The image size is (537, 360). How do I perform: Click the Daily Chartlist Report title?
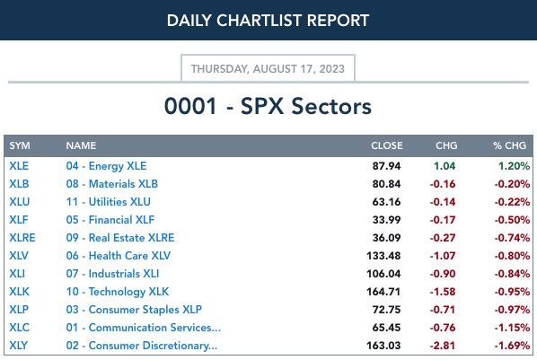268,21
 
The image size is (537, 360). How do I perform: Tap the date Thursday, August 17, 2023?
268,69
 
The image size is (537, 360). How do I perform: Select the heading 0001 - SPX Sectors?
268,106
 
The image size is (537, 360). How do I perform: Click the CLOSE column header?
387,145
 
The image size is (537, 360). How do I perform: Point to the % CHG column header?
509,145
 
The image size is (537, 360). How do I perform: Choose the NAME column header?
81,145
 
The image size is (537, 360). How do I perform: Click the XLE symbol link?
19,166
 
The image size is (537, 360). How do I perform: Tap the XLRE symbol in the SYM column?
22,238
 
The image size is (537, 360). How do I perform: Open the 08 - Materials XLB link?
112,184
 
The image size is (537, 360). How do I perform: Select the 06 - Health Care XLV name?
119,256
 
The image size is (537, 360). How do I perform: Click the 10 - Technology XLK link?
118,292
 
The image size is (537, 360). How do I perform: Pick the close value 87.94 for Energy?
386,166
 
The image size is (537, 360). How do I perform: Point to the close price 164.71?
383,292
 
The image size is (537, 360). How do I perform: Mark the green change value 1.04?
445,166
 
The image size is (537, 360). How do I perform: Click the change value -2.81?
443,346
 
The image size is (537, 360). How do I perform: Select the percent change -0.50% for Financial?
512,220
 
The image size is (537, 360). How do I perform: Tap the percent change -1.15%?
512,328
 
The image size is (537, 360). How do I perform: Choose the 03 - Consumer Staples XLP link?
134,310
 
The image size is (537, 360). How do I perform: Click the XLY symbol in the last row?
19,346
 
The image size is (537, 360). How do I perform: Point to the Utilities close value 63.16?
386,202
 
